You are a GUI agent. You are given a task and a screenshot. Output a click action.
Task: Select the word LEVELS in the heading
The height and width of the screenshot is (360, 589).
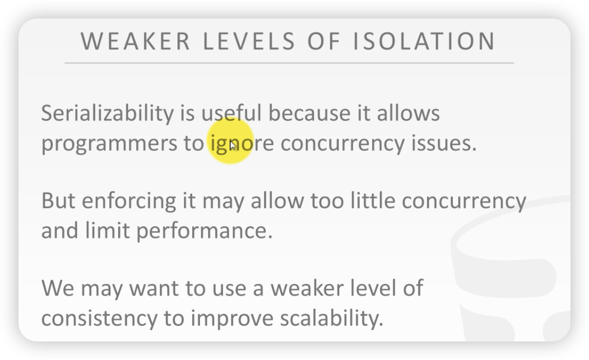click(x=249, y=41)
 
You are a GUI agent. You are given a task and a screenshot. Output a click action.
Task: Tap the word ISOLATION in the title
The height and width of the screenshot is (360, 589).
click(x=425, y=41)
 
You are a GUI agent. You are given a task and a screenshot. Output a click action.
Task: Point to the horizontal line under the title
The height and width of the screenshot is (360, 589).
click(x=289, y=63)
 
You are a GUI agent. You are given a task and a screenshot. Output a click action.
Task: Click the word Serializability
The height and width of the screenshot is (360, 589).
click(x=107, y=113)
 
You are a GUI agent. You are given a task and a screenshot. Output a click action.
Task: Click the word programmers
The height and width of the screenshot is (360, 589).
click(x=109, y=144)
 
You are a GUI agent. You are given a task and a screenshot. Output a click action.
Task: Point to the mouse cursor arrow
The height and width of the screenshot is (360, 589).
click(x=232, y=146)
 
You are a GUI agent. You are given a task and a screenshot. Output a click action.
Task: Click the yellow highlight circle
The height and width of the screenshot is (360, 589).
click(x=231, y=141)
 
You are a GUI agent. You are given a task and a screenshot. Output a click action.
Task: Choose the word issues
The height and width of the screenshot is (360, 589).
click(x=444, y=143)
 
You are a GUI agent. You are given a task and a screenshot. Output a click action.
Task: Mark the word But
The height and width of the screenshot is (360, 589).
click(x=58, y=201)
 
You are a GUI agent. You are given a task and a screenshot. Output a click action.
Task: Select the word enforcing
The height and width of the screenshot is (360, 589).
click(x=129, y=202)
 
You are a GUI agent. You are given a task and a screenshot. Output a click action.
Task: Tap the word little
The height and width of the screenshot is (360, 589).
click(x=373, y=200)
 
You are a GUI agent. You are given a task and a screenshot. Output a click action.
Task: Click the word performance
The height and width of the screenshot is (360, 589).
click(x=205, y=231)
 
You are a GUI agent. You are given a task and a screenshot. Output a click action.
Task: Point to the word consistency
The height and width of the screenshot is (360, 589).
click(x=99, y=319)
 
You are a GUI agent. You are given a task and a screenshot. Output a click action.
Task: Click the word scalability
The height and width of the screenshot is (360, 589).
click(x=332, y=318)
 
